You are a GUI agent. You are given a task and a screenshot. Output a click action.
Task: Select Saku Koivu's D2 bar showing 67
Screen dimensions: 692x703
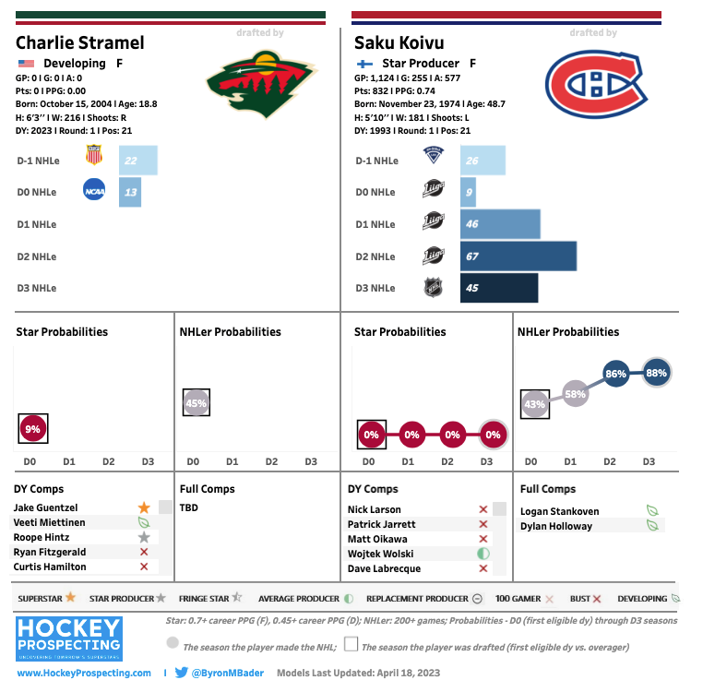click(518, 257)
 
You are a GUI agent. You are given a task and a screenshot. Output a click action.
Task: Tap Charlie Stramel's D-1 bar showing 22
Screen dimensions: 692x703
click(138, 161)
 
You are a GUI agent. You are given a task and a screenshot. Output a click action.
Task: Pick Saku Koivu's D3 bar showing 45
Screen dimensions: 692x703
click(498, 288)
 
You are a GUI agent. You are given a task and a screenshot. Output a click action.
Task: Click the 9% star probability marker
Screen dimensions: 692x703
click(33, 429)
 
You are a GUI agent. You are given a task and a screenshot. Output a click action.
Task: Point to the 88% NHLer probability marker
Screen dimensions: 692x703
click(657, 373)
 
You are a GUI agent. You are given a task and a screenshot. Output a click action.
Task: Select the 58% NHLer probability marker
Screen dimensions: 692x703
click(575, 394)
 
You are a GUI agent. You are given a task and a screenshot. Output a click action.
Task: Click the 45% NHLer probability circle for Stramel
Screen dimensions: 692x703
click(196, 402)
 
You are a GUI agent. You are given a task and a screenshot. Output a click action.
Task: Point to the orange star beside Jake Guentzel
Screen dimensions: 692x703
click(144, 507)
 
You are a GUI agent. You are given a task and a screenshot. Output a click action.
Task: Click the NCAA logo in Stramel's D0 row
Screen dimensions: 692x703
click(93, 192)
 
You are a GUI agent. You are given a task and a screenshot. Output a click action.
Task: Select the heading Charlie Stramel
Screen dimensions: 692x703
click(80, 42)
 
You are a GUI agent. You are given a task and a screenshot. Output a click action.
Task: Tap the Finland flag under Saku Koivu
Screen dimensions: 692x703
click(363, 64)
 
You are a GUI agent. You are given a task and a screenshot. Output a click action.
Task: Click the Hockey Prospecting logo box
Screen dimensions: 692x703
click(69, 638)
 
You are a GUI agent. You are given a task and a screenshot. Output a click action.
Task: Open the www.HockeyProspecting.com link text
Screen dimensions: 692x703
click(84, 674)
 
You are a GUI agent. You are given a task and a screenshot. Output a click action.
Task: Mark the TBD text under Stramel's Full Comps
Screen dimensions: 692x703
click(188, 507)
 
